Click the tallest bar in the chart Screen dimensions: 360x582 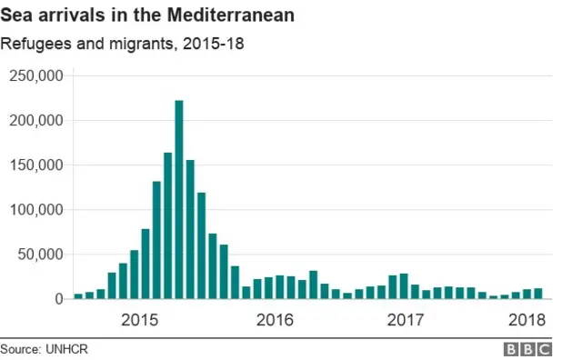(x=179, y=200)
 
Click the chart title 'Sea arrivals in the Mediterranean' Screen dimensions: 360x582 (x=147, y=16)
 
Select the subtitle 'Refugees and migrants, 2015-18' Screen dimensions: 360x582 (x=122, y=44)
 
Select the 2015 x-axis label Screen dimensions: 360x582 (x=139, y=320)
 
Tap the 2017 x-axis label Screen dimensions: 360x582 (x=406, y=320)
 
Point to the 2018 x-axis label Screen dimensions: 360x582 (x=527, y=320)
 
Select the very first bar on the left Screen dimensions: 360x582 (x=78, y=295)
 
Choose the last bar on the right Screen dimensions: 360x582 (x=538, y=294)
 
